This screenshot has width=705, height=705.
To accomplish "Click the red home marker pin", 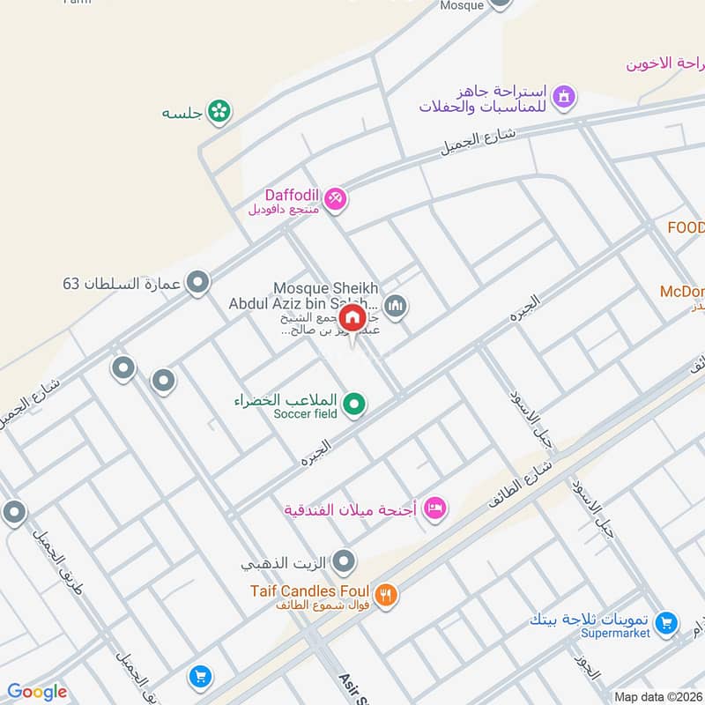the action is click(352, 317).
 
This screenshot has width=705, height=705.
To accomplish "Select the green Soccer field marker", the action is click(354, 404).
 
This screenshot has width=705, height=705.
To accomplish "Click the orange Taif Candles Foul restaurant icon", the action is click(385, 597).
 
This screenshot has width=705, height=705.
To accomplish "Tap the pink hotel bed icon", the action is click(435, 508).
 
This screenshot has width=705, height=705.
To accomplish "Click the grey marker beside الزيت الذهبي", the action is click(345, 560).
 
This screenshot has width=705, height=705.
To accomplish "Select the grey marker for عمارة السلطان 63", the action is click(199, 283).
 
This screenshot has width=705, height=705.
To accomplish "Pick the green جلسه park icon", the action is click(220, 112).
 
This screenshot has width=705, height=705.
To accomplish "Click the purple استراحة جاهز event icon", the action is click(565, 96).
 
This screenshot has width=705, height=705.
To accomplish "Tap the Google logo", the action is click(37, 692).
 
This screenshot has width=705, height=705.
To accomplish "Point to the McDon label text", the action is click(682, 292).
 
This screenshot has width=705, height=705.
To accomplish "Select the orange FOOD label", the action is click(686, 227).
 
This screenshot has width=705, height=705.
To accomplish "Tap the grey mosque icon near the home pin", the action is click(396, 306).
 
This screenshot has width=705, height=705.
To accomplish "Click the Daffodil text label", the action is click(290, 195).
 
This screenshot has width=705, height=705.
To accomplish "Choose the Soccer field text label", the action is click(305, 414).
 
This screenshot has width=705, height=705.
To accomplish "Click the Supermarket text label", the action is click(615, 634).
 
